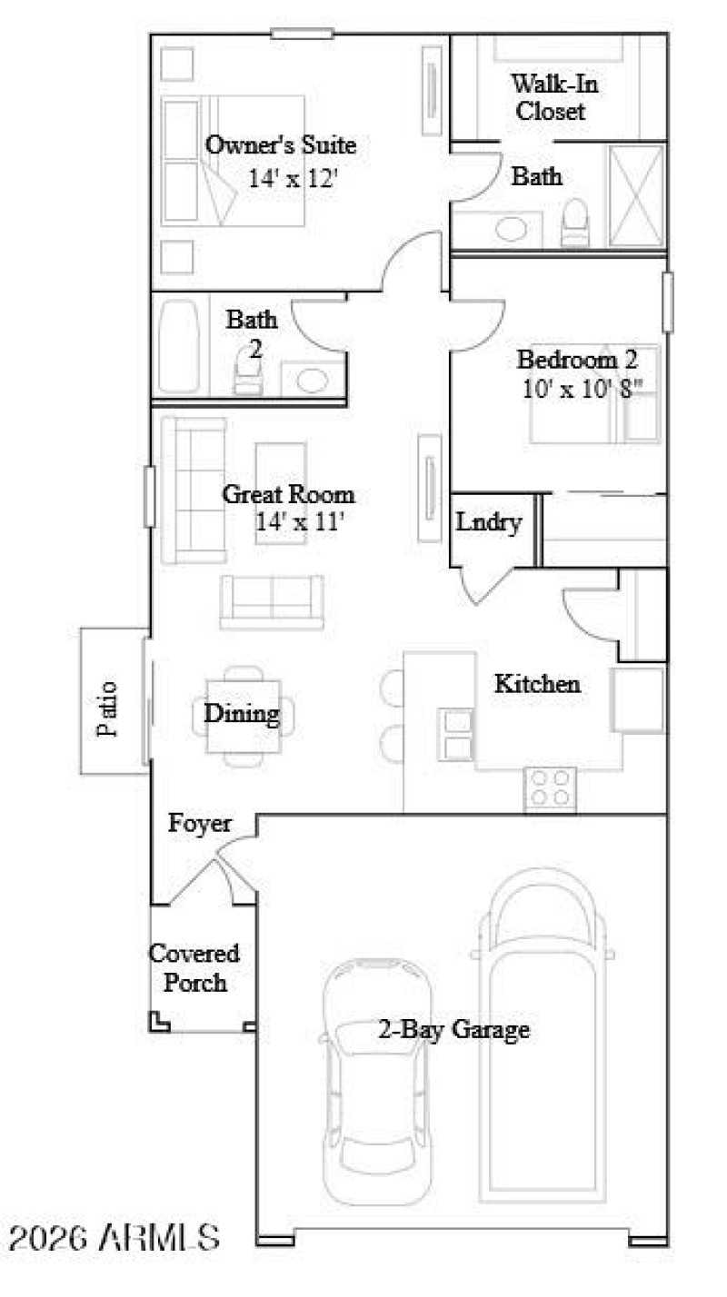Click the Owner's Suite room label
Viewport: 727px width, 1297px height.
280,145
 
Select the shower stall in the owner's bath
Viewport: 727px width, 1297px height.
636,195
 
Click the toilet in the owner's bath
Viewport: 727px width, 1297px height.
575,223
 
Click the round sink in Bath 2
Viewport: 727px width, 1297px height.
313,379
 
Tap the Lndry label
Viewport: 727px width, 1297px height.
489,523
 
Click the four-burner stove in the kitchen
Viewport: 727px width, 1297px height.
551,787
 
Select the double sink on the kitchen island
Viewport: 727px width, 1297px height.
456,734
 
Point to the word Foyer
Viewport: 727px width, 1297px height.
200,824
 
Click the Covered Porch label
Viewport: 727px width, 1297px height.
194,968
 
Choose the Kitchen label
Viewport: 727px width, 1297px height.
536,683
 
